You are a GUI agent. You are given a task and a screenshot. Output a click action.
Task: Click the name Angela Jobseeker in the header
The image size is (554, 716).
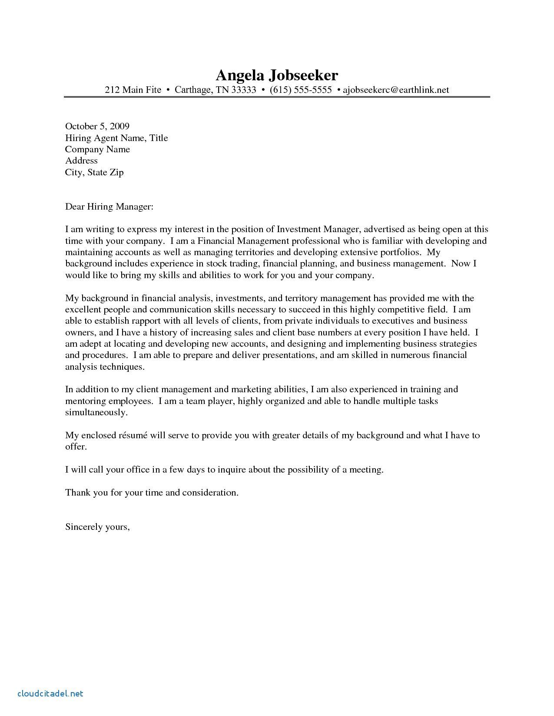[x=277, y=76]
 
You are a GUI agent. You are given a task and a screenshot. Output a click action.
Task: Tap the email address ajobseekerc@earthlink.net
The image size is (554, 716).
[x=396, y=90]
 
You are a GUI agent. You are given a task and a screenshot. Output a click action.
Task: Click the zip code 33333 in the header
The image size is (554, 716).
[x=243, y=90]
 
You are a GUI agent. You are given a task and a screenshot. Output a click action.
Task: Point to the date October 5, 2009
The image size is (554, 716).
[x=97, y=126]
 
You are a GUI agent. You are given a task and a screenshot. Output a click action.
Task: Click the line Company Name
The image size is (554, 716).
[x=97, y=149]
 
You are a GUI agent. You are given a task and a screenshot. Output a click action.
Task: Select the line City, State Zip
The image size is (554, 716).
[x=94, y=172]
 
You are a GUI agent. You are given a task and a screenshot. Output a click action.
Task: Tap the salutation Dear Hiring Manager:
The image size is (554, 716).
[x=109, y=207]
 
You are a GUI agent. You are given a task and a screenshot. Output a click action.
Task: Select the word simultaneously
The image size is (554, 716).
[x=96, y=412]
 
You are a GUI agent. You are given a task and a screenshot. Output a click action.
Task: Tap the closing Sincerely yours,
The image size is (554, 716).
[x=97, y=527]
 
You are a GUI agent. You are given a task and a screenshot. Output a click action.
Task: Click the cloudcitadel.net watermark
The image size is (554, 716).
[x=50, y=693]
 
